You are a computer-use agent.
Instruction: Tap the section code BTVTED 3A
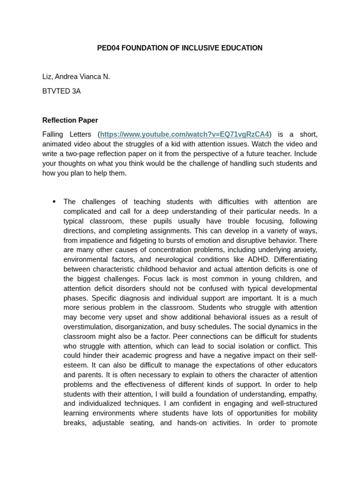(61, 91)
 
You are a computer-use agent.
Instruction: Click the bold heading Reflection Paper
(70, 120)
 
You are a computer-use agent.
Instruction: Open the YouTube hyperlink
(185, 134)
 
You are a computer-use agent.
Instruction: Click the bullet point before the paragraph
(54, 202)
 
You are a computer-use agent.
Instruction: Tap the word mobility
(304, 413)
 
